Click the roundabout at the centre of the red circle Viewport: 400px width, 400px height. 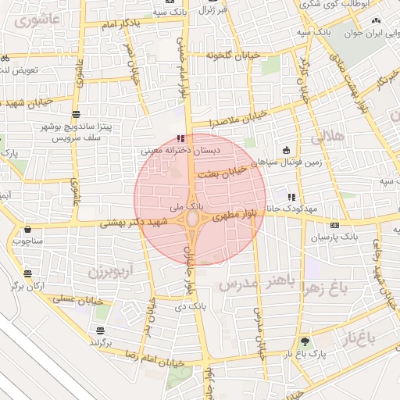click(x=192, y=222)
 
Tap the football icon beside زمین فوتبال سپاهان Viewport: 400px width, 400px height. click(x=287, y=149)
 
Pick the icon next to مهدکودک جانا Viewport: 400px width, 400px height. click(x=291, y=197)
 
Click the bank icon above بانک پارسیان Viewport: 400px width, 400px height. click(x=334, y=224)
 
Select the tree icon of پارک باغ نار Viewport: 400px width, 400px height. click(x=305, y=342)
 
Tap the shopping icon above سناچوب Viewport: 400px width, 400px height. click(x=29, y=230)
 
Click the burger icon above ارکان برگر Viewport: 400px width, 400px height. click(x=29, y=274)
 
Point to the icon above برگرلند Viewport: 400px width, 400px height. click(x=100, y=330)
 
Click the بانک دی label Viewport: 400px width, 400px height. click(x=185, y=307)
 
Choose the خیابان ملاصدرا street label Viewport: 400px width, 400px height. click(x=234, y=120)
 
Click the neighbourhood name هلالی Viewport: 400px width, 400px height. click(x=327, y=137)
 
